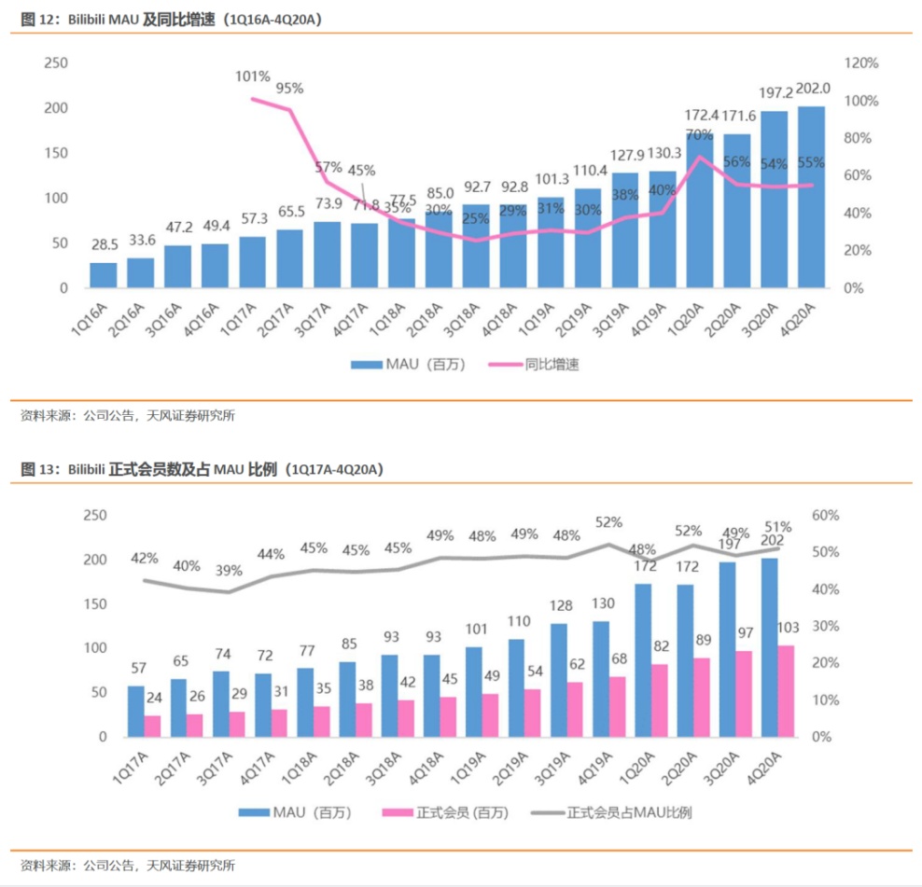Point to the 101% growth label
pyautogui.click(x=252, y=76)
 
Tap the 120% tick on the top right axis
pyautogui.click(x=861, y=62)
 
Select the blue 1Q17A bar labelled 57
pyautogui.click(x=136, y=712)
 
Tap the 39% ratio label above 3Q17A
pyautogui.click(x=228, y=570)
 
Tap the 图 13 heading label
pyautogui.click(x=37, y=469)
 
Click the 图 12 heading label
pyautogui.click(x=37, y=19)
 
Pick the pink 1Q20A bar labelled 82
pyautogui.click(x=659, y=700)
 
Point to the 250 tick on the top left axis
pyautogui.click(x=57, y=62)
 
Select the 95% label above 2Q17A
pyautogui.click(x=289, y=89)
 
